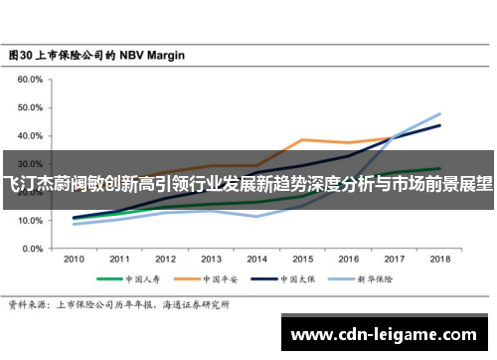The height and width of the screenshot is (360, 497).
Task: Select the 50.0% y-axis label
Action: click(x=28, y=106)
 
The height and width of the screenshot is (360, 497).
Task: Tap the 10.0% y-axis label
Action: click(x=28, y=220)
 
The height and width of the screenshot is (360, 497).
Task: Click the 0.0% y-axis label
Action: click(x=30, y=249)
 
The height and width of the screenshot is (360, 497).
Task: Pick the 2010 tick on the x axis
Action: click(x=74, y=259)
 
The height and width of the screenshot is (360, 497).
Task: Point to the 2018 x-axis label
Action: click(x=438, y=259)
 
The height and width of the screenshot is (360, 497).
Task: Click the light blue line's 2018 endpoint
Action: click(x=439, y=113)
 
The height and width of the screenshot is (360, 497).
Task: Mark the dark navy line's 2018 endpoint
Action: click(x=439, y=125)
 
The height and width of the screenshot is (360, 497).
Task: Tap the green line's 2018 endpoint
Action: click(x=439, y=169)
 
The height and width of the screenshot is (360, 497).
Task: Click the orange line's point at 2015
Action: click(x=302, y=140)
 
